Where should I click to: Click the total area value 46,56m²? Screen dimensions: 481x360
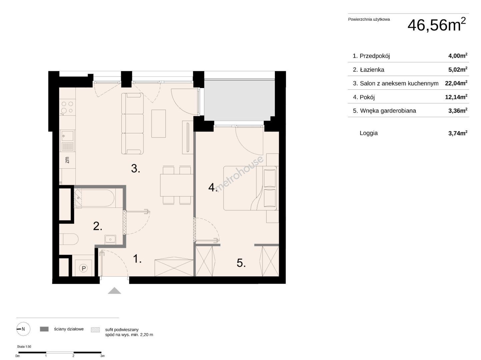[436, 25]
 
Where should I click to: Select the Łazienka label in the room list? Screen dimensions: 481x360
[372, 70]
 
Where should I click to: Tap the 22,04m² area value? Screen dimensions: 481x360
[456, 83]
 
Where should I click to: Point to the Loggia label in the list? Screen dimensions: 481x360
[369, 133]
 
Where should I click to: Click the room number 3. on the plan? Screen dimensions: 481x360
[135, 168]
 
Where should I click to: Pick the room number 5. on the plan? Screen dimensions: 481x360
[241, 263]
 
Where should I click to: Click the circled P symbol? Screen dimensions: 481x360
[83, 268]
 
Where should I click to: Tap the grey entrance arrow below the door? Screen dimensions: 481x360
[114, 290]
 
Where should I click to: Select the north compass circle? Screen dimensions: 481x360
[23, 329]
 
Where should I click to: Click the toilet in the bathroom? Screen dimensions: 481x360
[69, 239]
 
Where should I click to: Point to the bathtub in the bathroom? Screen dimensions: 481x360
[94, 198]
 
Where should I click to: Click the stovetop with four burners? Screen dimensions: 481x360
[67, 107]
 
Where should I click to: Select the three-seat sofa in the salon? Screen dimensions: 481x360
[132, 124]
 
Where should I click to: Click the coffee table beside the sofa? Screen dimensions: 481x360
[158, 124]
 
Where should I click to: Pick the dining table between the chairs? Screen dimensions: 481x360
[176, 185]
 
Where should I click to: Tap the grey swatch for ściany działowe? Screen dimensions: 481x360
[44, 329]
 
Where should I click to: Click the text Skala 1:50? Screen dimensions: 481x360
[24, 347]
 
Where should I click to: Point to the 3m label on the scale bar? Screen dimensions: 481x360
[102, 356]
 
